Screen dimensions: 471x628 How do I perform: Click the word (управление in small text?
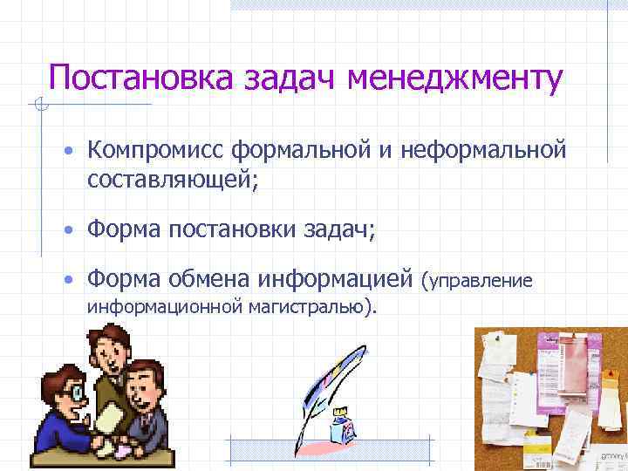click(x=476, y=281)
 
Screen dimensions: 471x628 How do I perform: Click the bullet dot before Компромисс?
click(x=66, y=152)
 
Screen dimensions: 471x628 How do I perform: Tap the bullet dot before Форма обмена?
click(x=66, y=279)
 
